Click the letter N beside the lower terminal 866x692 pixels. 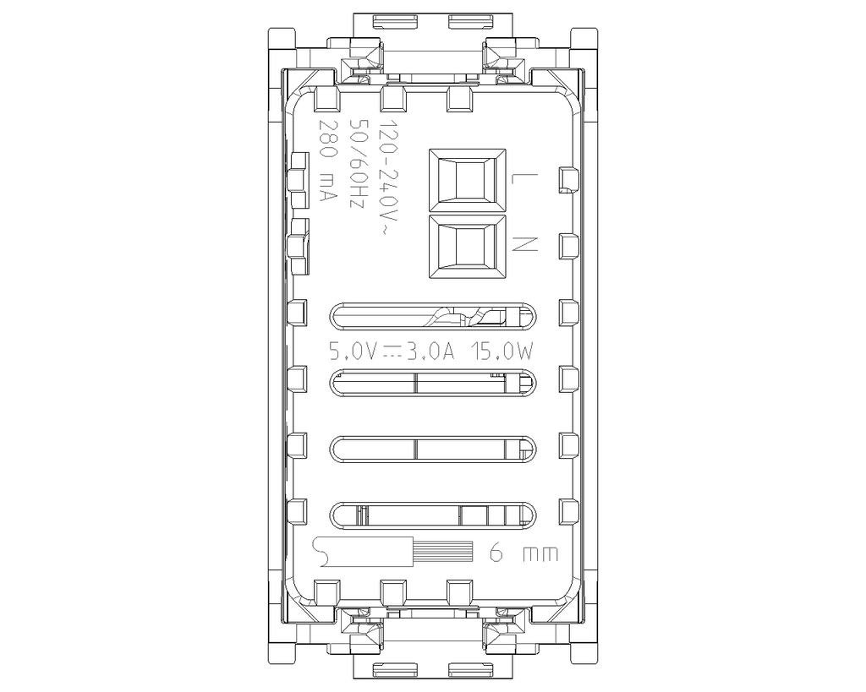(524, 244)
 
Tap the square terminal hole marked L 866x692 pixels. (468, 179)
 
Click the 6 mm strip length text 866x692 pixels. (524, 554)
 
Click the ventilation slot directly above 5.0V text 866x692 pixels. (433, 317)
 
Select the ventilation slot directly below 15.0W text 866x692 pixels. (433, 384)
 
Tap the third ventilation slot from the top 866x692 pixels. (433, 450)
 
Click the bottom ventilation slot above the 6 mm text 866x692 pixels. (433, 515)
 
